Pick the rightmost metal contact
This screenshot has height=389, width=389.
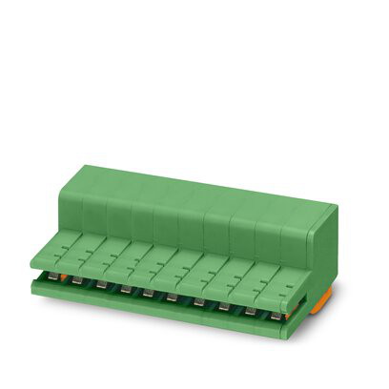pos(276,314)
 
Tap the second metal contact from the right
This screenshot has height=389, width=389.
pos(251,310)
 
